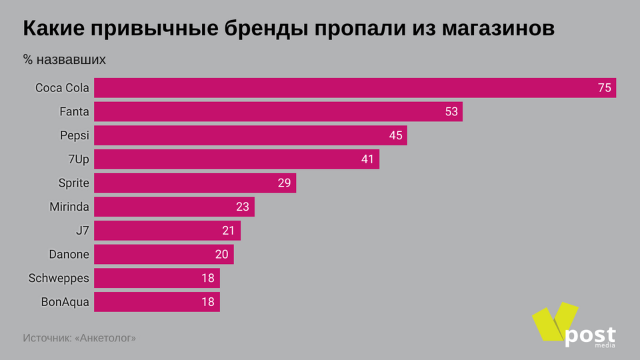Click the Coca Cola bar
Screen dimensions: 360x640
pyautogui.click(x=355, y=88)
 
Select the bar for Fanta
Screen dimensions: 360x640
pyautogui.click(x=278, y=112)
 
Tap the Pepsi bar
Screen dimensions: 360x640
pyautogui.click(x=250, y=135)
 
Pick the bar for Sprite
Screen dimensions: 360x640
pyautogui.click(x=195, y=183)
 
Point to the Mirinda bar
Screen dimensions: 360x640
pyautogui.click(x=174, y=207)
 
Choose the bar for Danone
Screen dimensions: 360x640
pyautogui.click(x=163, y=254)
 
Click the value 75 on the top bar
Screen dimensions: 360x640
pyautogui.click(x=605, y=88)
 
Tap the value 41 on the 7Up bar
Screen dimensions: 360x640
pyautogui.click(x=368, y=159)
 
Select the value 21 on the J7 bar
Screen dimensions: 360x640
pyautogui.click(x=229, y=231)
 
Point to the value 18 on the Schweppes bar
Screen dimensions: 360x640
pyautogui.click(x=208, y=278)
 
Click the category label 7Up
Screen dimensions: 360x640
pyautogui.click(x=78, y=159)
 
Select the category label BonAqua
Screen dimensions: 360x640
pyautogui.click(x=65, y=302)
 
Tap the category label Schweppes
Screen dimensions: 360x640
pyautogui.click(x=59, y=278)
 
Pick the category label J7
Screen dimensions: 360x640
pyautogui.click(x=82, y=231)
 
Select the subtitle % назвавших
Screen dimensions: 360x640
pyautogui.click(x=64, y=60)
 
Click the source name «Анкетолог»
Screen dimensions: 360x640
pyautogui.click(x=106, y=338)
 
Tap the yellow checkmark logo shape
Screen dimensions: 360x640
pyautogui.click(x=553, y=325)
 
